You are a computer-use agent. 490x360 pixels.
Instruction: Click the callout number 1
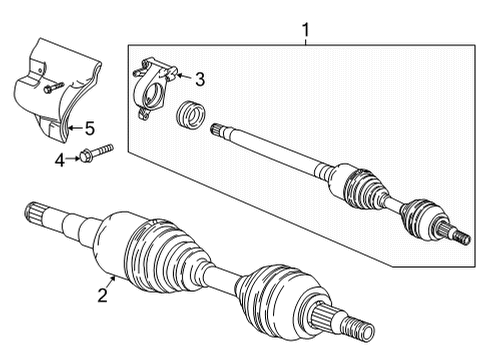306,30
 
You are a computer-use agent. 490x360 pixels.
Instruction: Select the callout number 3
199,78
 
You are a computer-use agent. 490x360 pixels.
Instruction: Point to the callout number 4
58,159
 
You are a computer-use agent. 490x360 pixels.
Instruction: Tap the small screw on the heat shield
53,87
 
